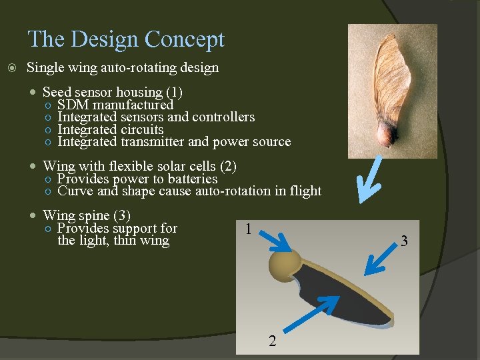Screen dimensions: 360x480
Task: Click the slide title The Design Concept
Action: click(126, 39)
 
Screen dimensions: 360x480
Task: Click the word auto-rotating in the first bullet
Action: click(125, 68)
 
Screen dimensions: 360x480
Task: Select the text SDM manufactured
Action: click(115, 105)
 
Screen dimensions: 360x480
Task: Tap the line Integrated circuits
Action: click(110, 129)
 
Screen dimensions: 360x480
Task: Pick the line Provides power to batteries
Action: click(137, 179)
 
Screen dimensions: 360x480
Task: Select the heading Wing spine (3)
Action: click(86, 215)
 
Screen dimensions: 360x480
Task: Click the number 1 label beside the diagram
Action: click(247, 229)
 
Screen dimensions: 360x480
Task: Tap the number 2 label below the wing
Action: click(271, 342)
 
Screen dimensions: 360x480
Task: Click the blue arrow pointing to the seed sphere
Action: click(275, 239)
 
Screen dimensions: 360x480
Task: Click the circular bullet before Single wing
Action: click(11, 68)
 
